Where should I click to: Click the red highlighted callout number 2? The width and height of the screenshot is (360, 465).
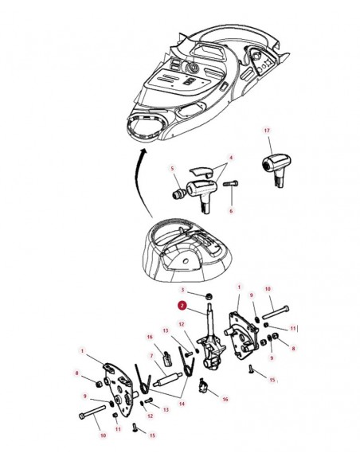(182, 306)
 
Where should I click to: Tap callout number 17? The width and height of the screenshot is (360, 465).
(267, 131)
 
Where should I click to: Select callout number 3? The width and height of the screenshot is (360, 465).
(182, 290)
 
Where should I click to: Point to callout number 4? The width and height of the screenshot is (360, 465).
(231, 157)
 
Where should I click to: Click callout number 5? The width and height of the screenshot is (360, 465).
(172, 168)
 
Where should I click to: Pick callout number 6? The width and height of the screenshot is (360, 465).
(231, 211)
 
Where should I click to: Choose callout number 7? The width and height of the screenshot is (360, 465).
(151, 356)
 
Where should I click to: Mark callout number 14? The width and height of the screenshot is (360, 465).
(182, 404)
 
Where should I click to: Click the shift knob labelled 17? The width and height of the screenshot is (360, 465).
(276, 169)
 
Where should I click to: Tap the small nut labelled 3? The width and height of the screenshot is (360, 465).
(209, 296)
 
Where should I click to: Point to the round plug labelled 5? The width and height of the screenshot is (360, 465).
(178, 193)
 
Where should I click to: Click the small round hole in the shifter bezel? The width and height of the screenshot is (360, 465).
(186, 261)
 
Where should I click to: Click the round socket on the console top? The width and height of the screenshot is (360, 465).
(192, 68)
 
